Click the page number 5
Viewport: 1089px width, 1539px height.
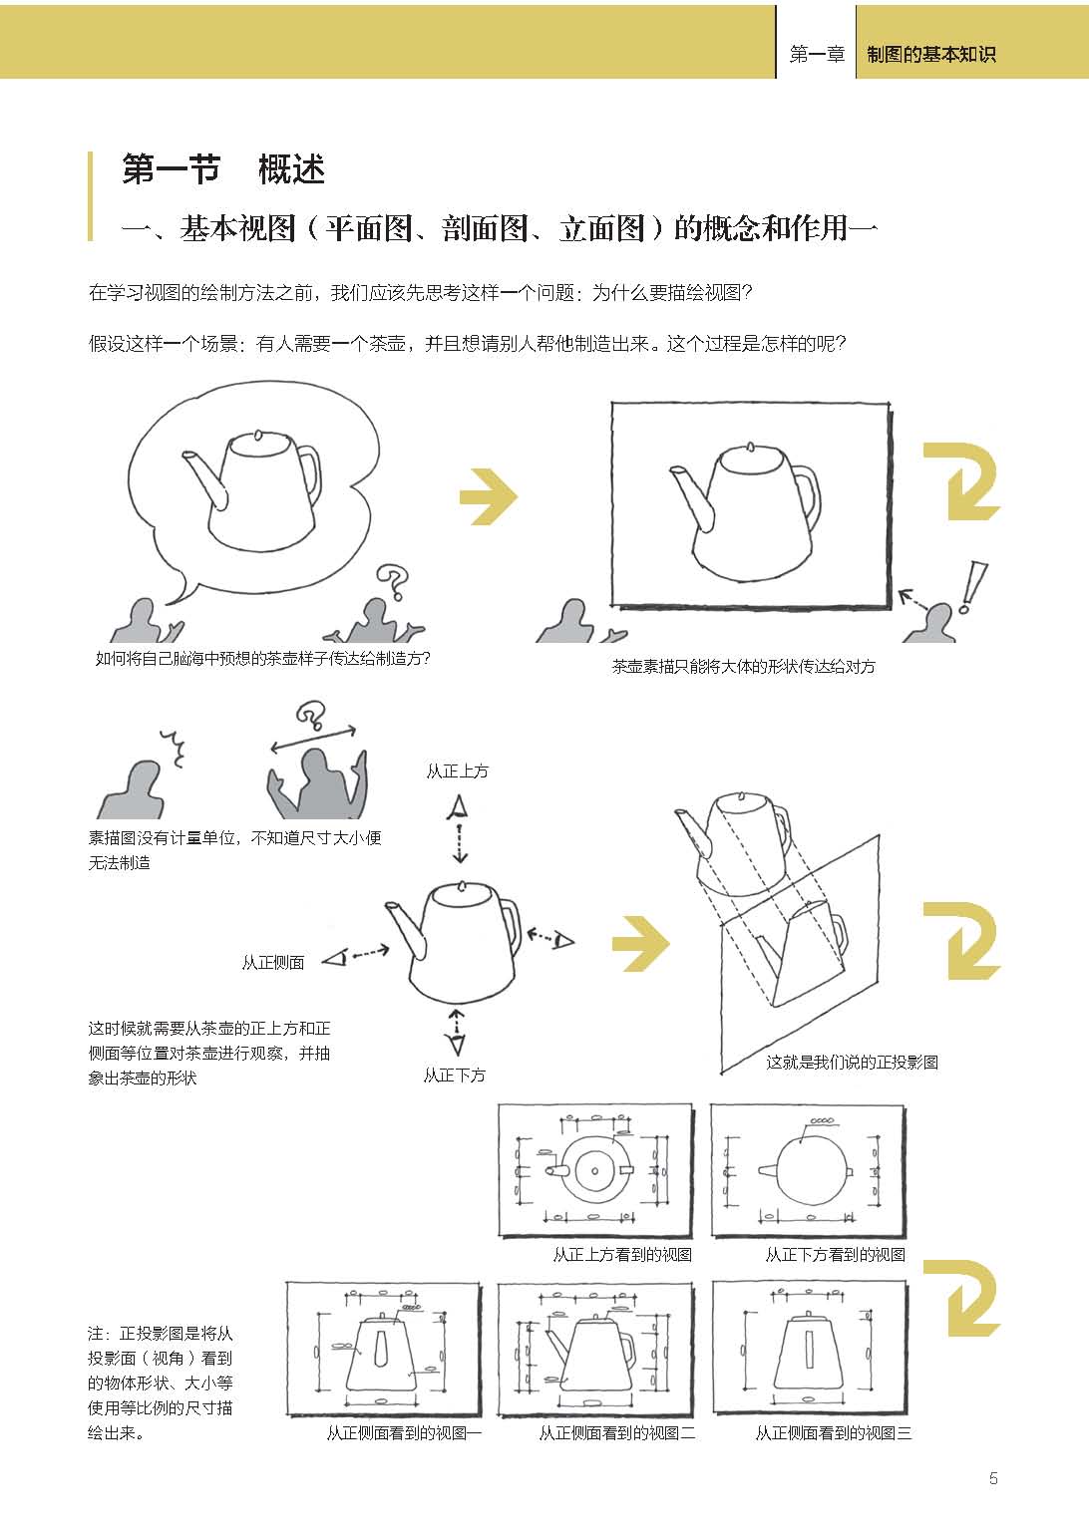pos(992,1478)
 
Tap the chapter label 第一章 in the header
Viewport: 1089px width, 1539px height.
pos(817,54)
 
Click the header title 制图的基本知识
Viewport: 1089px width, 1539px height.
pos(930,54)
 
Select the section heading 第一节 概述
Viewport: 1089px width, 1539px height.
pos(223,169)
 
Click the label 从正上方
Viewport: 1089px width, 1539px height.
pos(457,771)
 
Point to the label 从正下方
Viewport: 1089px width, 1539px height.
pos(455,1076)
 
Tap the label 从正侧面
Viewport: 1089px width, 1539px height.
pos(273,963)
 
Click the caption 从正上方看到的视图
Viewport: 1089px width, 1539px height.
pos(622,1255)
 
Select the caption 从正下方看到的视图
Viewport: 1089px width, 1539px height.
pos(836,1255)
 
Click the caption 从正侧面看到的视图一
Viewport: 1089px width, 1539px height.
pos(404,1433)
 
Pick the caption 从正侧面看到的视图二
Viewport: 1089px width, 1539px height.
pos(616,1433)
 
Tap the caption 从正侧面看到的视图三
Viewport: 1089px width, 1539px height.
pos(834,1433)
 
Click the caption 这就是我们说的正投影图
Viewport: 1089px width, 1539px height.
pos(853,1063)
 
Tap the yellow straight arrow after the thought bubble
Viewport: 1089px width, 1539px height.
pos(489,496)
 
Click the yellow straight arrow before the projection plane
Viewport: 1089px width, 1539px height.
pos(641,943)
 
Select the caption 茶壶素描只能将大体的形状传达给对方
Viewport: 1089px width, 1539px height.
pos(744,667)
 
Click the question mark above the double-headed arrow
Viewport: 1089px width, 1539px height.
pos(310,715)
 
